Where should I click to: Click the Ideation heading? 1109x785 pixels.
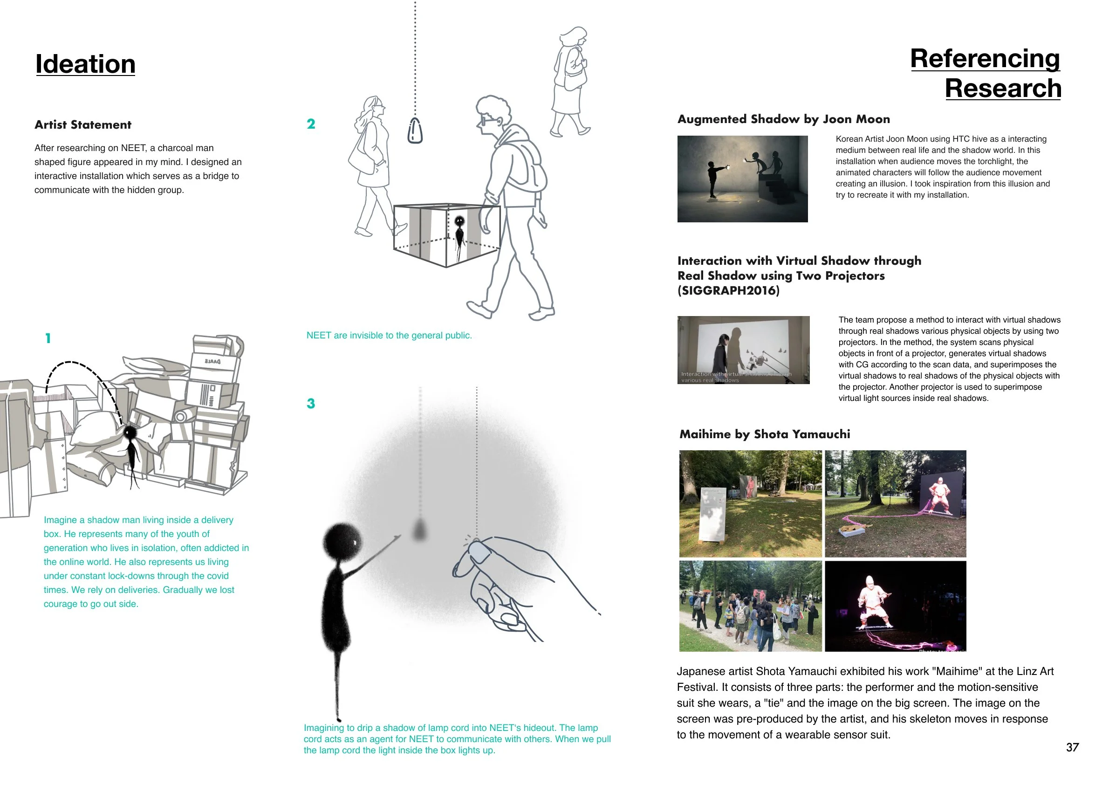(85, 64)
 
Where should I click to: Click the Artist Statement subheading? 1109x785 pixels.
(82, 125)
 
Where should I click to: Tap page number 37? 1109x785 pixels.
(1072, 747)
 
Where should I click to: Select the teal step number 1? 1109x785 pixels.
(48, 338)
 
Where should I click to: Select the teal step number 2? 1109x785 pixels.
(311, 124)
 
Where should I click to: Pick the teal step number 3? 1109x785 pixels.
(311, 404)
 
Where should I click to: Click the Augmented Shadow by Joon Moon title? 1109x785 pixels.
(783, 119)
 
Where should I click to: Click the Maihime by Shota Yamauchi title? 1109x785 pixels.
(765, 434)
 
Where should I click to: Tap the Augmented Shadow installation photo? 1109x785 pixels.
(742, 179)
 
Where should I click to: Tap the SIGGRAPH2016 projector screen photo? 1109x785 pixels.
(743, 350)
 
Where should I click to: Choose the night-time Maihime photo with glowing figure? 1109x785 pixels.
(895, 606)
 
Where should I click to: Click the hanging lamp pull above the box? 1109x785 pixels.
(415, 131)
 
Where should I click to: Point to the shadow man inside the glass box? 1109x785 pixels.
(459, 232)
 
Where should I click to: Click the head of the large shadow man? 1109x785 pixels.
(342, 542)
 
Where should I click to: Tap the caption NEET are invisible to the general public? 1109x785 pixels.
(389, 336)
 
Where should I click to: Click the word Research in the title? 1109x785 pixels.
(1003, 89)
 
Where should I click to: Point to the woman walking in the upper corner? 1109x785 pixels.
(570, 82)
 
